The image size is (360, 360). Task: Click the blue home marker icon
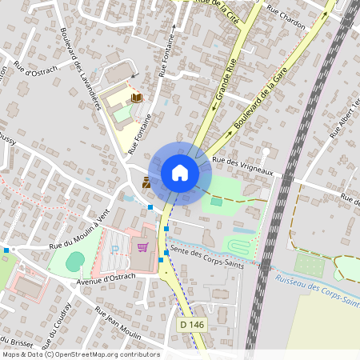pos(179,173)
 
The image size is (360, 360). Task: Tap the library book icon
pos(136,98)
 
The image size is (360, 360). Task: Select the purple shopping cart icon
pos(142,247)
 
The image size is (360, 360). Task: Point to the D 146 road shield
pos(191,325)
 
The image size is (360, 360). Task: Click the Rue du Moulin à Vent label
pos(78,233)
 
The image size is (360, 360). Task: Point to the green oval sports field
pos(74,261)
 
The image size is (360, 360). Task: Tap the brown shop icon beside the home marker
pos(146,182)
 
